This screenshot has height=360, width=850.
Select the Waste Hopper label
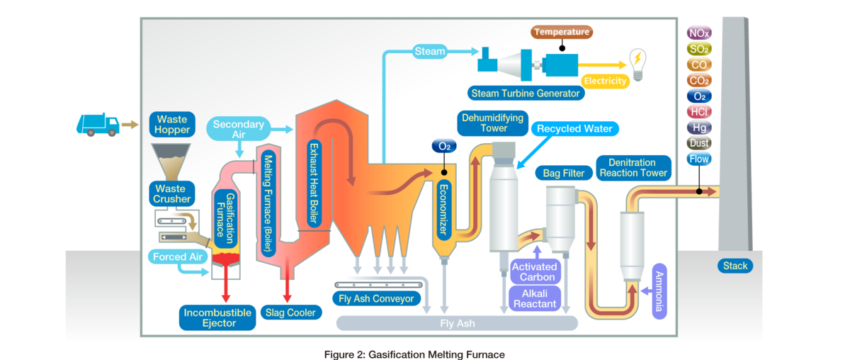[x=172, y=125]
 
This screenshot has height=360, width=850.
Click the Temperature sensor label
[x=561, y=32]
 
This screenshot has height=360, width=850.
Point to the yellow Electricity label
[x=605, y=81]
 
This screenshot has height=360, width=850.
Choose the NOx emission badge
[x=698, y=33]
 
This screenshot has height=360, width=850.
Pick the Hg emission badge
[x=698, y=128]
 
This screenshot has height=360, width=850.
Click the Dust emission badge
[x=698, y=143]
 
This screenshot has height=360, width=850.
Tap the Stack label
[x=735, y=266]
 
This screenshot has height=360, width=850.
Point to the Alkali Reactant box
[x=535, y=298]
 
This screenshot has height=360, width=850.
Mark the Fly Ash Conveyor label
[x=376, y=298]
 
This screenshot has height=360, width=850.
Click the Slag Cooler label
[x=290, y=312]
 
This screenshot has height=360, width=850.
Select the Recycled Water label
[x=574, y=129]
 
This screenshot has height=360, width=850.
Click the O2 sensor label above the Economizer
[x=444, y=147]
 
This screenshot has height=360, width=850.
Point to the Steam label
[x=429, y=51]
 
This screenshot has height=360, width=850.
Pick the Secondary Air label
[x=239, y=129]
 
